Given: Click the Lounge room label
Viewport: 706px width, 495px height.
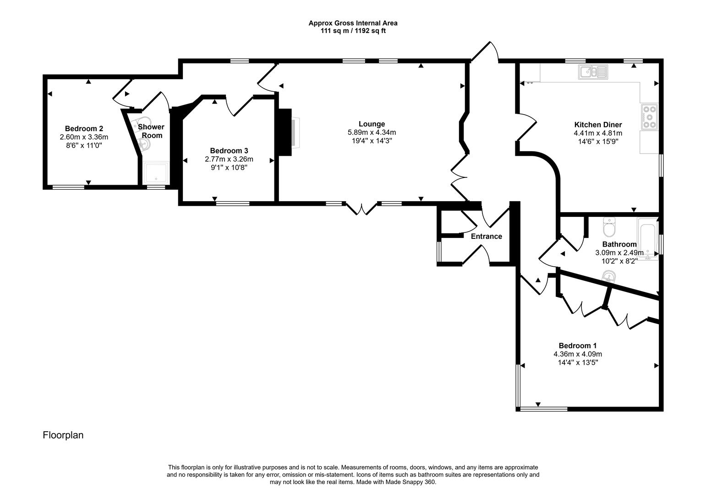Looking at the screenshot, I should (x=372, y=124).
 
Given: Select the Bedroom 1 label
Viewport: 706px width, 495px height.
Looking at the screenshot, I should (x=577, y=346).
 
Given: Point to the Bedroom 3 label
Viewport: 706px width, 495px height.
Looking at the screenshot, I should (x=229, y=150).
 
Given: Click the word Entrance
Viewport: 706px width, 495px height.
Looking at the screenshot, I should (x=486, y=236).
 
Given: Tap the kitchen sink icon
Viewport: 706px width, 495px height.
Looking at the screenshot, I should (x=592, y=71).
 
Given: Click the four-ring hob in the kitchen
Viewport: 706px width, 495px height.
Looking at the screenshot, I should (x=649, y=116).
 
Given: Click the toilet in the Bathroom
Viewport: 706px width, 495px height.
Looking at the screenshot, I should (x=610, y=226).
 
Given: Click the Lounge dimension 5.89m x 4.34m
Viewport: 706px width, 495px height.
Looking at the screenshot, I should (x=372, y=132).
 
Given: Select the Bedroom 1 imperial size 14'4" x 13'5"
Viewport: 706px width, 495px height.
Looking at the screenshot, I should (x=577, y=363).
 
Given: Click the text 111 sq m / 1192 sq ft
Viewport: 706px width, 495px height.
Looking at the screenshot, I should (x=353, y=31).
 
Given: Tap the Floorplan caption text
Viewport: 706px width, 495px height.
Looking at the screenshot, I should (x=63, y=435).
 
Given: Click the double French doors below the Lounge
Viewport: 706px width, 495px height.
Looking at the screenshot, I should (x=361, y=209).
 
